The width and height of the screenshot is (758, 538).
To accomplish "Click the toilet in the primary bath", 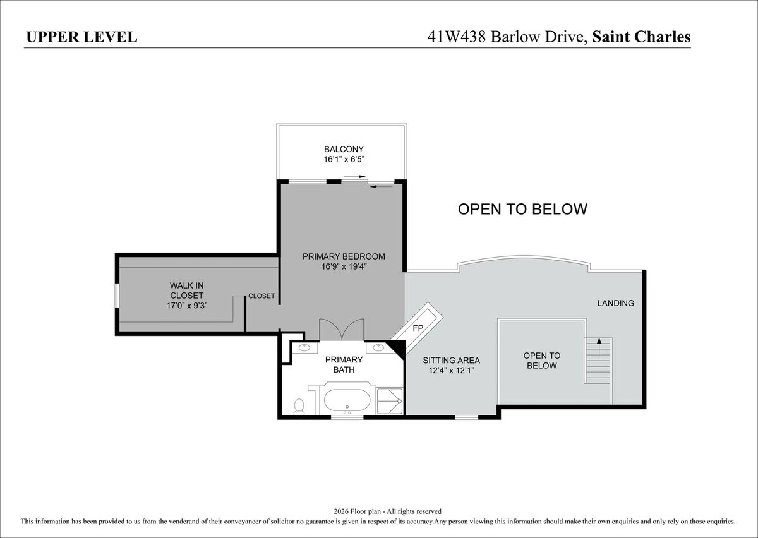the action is click(x=299, y=406).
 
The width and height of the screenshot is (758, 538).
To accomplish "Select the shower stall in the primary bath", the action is click(x=390, y=401).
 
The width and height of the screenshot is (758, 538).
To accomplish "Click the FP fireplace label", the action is click(x=418, y=328).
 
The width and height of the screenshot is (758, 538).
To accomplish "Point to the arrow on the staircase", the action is click(x=599, y=346).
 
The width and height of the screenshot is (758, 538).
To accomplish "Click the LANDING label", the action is click(x=615, y=303).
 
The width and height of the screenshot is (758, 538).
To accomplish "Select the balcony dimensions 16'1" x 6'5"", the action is click(x=344, y=159).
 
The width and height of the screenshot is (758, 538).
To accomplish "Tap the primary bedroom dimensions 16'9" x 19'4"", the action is click(x=344, y=266).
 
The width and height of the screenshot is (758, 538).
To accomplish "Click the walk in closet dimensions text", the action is click(x=187, y=306).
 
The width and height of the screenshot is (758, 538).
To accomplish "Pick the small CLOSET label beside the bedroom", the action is click(x=262, y=296).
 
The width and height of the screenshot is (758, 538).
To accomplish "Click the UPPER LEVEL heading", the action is click(x=82, y=37).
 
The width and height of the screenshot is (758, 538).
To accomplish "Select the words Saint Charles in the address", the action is click(x=641, y=37).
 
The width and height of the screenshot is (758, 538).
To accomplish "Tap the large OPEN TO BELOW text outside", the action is click(x=523, y=209).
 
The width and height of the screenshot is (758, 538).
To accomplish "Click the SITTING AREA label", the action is click(x=452, y=361).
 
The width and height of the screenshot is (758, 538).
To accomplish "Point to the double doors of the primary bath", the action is click(x=342, y=330).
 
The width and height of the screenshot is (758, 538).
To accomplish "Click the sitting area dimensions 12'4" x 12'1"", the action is click(x=452, y=371).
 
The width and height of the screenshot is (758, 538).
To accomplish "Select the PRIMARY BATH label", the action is click(x=344, y=364).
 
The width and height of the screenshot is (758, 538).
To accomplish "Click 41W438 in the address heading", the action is click(x=457, y=37).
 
